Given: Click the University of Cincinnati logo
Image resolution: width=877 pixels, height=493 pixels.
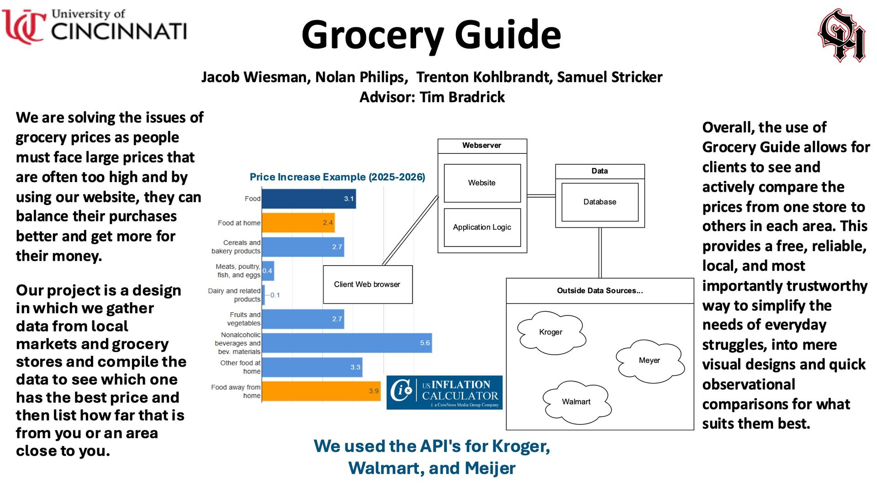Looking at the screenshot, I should point(95,26).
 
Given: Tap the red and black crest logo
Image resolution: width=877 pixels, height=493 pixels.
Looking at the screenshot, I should point(841,36).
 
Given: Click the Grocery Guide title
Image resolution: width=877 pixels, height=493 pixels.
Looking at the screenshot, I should point(431,35).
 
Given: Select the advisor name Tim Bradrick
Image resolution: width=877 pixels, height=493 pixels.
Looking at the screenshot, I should point(462,97).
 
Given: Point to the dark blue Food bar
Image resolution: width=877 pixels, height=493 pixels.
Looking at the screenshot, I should point(309,199).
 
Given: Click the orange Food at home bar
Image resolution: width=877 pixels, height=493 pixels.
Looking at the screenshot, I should point(298,223).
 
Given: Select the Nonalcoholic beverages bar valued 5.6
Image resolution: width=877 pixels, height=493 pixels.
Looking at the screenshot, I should point(347,343).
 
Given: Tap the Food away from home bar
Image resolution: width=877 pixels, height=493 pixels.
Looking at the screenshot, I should point(321,391).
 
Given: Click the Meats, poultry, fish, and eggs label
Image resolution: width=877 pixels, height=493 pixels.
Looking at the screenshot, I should point(238,271).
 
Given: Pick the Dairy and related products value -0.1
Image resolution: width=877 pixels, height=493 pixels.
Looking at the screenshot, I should point(275,295).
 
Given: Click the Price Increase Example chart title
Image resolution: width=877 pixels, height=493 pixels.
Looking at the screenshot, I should point(337,177).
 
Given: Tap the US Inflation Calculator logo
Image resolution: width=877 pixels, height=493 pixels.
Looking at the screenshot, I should point(444,393).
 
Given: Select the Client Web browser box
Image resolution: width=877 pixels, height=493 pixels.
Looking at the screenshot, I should point(368,284).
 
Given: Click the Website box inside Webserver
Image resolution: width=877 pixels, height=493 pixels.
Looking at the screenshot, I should point(482,183).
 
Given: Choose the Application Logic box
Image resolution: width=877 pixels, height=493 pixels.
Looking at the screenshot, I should point(482,227).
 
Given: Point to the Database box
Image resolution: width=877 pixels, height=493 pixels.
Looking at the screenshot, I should point(600,202).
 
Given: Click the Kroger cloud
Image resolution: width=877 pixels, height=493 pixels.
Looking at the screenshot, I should point(551,332).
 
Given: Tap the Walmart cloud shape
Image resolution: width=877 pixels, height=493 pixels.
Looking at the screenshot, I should point(576,402).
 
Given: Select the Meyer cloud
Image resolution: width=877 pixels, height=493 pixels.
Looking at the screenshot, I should point(649,361).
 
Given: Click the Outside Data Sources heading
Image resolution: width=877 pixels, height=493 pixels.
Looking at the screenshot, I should point(600,291).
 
